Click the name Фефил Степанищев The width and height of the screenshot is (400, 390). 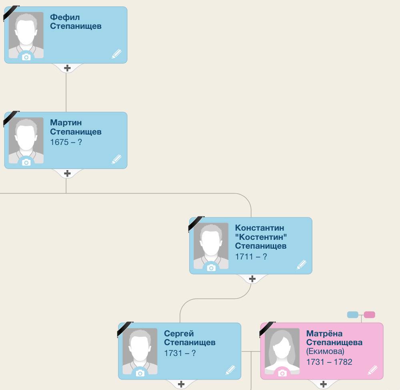tap(76, 22)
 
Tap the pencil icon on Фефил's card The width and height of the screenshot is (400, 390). tap(116, 54)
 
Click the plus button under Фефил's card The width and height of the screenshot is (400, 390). tap(67, 68)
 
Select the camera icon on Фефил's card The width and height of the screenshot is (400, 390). tap(26, 57)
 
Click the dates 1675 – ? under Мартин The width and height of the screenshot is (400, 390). tap(66, 142)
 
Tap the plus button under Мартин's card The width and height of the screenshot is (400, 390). tap(67, 173)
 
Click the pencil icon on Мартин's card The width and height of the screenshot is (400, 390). tap(116, 159)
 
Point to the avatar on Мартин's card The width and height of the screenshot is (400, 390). tap(26, 140)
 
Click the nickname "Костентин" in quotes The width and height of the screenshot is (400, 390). tap(261, 237)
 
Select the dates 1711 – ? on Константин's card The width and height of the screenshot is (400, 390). tap(251, 256)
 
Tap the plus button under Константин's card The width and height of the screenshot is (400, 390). tap(252, 279)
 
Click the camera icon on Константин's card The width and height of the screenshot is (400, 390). tap(211, 267)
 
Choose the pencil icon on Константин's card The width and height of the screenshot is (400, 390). tap(302, 265)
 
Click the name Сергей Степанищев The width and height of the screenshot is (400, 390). tap(190, 338)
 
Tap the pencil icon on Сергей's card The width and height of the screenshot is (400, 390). tap(231, 370)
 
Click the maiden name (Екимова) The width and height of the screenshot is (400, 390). tap(325, 352)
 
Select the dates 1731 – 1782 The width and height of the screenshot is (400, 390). tap(329, 362)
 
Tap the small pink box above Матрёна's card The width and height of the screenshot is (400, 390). tap(369, 315)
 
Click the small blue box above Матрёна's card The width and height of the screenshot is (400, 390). tap(353, 315)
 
